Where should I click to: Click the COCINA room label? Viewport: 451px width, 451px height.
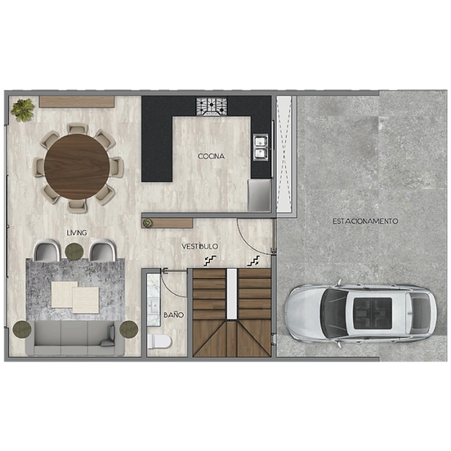pyautogui.click(x=211, y=157)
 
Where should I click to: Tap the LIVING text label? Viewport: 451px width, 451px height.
pyautogui.click(x=77, y=233)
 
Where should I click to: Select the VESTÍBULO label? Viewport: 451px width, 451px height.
pyautogui.click(x=200, y=247)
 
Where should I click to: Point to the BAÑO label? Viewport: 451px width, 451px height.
pyautogui.click(x=173, y=315)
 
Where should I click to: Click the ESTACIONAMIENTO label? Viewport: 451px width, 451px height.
pyautogui.click(x=365, y=221)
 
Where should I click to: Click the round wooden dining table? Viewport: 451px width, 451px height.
pyautogui.click(x=77, y=167)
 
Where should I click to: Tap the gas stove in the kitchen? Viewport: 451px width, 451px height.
pyautogui.click(x=212, y=107)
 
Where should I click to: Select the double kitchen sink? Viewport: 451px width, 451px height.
pyautogui.click(x=261, y=147)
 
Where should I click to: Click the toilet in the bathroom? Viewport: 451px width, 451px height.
pyautogui.click(x=159, y=342)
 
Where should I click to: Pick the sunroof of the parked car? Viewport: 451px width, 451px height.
pyautogui.click(x=373, y=313)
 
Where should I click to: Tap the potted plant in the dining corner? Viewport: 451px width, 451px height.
pyautogui.click(x=22, y=109)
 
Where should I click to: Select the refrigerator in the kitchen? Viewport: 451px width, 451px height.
pyautogui.click(x=260, y=195)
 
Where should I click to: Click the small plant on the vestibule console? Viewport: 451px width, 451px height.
pyautogui.click(x=148, y=222)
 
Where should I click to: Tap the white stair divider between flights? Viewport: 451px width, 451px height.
pyautogui.click(x=232, y=293)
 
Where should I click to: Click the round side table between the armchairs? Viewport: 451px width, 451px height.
pyautogui.click(x=74, y=252)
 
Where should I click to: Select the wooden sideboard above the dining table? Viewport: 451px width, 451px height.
pyautogui.click(x=77, y=102)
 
